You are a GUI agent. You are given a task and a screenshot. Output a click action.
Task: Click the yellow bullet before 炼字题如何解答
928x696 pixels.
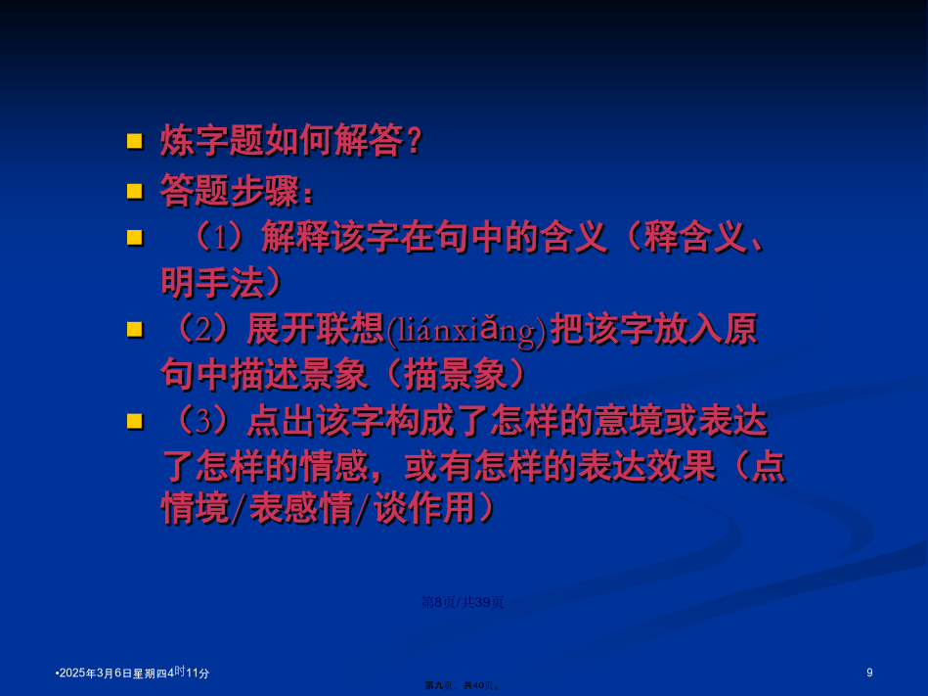[x=135, y=141]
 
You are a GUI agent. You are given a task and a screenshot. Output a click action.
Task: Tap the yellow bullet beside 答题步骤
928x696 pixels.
[x=135, y=191]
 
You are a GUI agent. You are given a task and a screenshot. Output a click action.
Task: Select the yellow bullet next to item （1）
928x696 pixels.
[x=135, y=238]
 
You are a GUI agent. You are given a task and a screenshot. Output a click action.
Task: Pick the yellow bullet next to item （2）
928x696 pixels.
[x=135, y=329]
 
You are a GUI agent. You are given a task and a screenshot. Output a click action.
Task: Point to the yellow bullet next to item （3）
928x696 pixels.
[x=135, y=421]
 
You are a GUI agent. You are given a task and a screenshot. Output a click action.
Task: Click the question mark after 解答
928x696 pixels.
[x=415, y=141]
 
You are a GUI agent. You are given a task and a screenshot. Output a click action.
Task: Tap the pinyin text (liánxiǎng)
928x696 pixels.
[x=466, y=331]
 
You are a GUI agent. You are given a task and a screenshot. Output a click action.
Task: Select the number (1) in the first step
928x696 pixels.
[x=220, y=238]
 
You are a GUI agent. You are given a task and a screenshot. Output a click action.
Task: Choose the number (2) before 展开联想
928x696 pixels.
[x=203, y=329]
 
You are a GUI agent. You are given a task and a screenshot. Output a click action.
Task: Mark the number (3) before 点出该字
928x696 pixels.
[x=203, y=421]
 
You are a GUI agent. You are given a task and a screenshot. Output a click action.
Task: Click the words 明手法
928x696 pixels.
[x=212, y=283]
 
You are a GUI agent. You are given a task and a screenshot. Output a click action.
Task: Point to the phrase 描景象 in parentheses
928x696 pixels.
[x=455, y=374]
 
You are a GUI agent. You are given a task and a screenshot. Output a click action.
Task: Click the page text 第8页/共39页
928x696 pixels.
[x=462, y=602]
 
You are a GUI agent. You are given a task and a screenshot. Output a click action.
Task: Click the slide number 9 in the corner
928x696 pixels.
[x=869, y=673]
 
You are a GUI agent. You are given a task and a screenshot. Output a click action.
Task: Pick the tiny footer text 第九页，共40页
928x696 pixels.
[x=463, y=685]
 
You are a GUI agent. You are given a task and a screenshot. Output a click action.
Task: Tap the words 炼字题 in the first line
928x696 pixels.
[x=212, y=141]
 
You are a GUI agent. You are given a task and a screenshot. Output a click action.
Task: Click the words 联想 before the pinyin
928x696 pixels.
[x=350, y=329]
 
